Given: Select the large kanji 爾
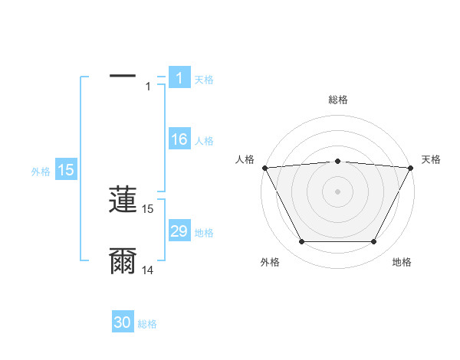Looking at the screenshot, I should [x=123, y=261].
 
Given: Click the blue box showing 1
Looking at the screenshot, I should [x=179, y=78].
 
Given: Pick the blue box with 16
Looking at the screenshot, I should [x=179, y=139].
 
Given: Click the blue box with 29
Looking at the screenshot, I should [x=179, y=231].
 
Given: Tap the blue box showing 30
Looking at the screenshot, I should [x=123, y=323].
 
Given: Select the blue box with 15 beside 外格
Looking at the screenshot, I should [x=66, y=170].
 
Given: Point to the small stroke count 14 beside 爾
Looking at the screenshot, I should [x=148, y=270].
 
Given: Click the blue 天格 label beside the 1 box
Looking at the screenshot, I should [x=204, y=80].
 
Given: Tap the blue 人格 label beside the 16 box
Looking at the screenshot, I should [x=204, y=141].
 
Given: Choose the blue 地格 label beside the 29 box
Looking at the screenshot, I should [x=204, y=233].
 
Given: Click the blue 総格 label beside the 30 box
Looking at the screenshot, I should [x=147, y=325].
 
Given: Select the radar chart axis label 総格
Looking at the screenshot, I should [x=337, y=100].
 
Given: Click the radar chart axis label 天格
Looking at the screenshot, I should [x=431, y=159].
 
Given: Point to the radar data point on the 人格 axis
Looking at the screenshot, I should [x=264, y=167].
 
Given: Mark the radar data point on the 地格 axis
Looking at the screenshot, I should [x=374, y=242].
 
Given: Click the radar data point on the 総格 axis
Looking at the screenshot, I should [x=337, y=161].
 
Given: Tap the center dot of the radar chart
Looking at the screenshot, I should [x=337, y=191].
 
